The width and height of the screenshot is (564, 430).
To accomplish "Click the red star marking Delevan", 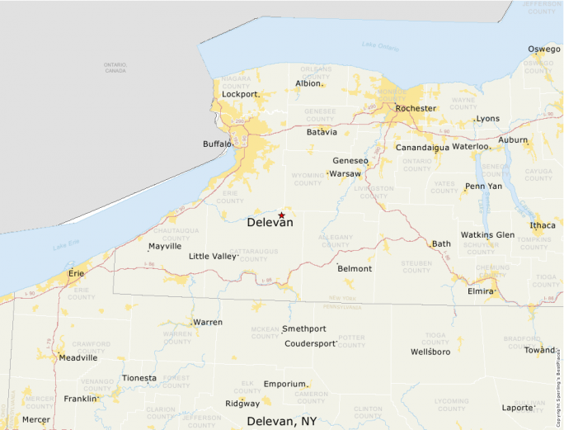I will (282, 215).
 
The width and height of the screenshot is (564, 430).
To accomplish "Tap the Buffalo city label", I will (218, 144).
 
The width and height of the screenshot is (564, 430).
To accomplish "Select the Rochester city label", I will (416, 108).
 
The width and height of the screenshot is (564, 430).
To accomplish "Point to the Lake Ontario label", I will (380, 46).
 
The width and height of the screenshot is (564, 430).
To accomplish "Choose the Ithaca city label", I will (543, 225).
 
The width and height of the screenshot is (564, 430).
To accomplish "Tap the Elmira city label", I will (481, 291).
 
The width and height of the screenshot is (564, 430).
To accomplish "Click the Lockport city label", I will (240, 94).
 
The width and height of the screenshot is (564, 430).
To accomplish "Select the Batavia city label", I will (322, 132).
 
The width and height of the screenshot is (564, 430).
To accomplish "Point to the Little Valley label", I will (213, 257).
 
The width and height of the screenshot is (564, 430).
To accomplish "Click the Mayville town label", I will (165, 246).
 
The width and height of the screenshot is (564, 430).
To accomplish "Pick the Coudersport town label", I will (311, 343).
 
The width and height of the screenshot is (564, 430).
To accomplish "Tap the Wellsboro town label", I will (430, 352).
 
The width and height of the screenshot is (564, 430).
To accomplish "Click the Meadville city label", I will (78, 357).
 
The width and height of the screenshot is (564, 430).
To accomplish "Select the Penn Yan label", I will (483, 187).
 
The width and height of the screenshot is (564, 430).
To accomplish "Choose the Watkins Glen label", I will (487, 235).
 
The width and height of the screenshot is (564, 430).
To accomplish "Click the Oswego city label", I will (544, 50).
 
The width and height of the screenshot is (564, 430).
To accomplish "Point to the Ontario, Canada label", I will (115, 68).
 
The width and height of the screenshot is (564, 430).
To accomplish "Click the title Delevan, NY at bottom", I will (282, 421).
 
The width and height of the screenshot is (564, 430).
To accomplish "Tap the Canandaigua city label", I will (422, 148).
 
